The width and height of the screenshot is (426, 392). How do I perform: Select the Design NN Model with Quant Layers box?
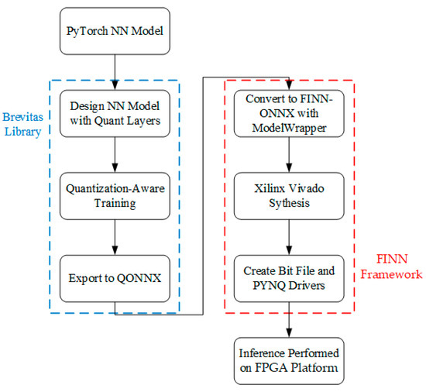click(x=115, y=114)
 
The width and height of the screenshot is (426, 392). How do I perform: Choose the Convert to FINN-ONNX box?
click(x=289, y=114)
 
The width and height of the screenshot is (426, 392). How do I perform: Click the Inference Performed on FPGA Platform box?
click(x=289, y=358)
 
